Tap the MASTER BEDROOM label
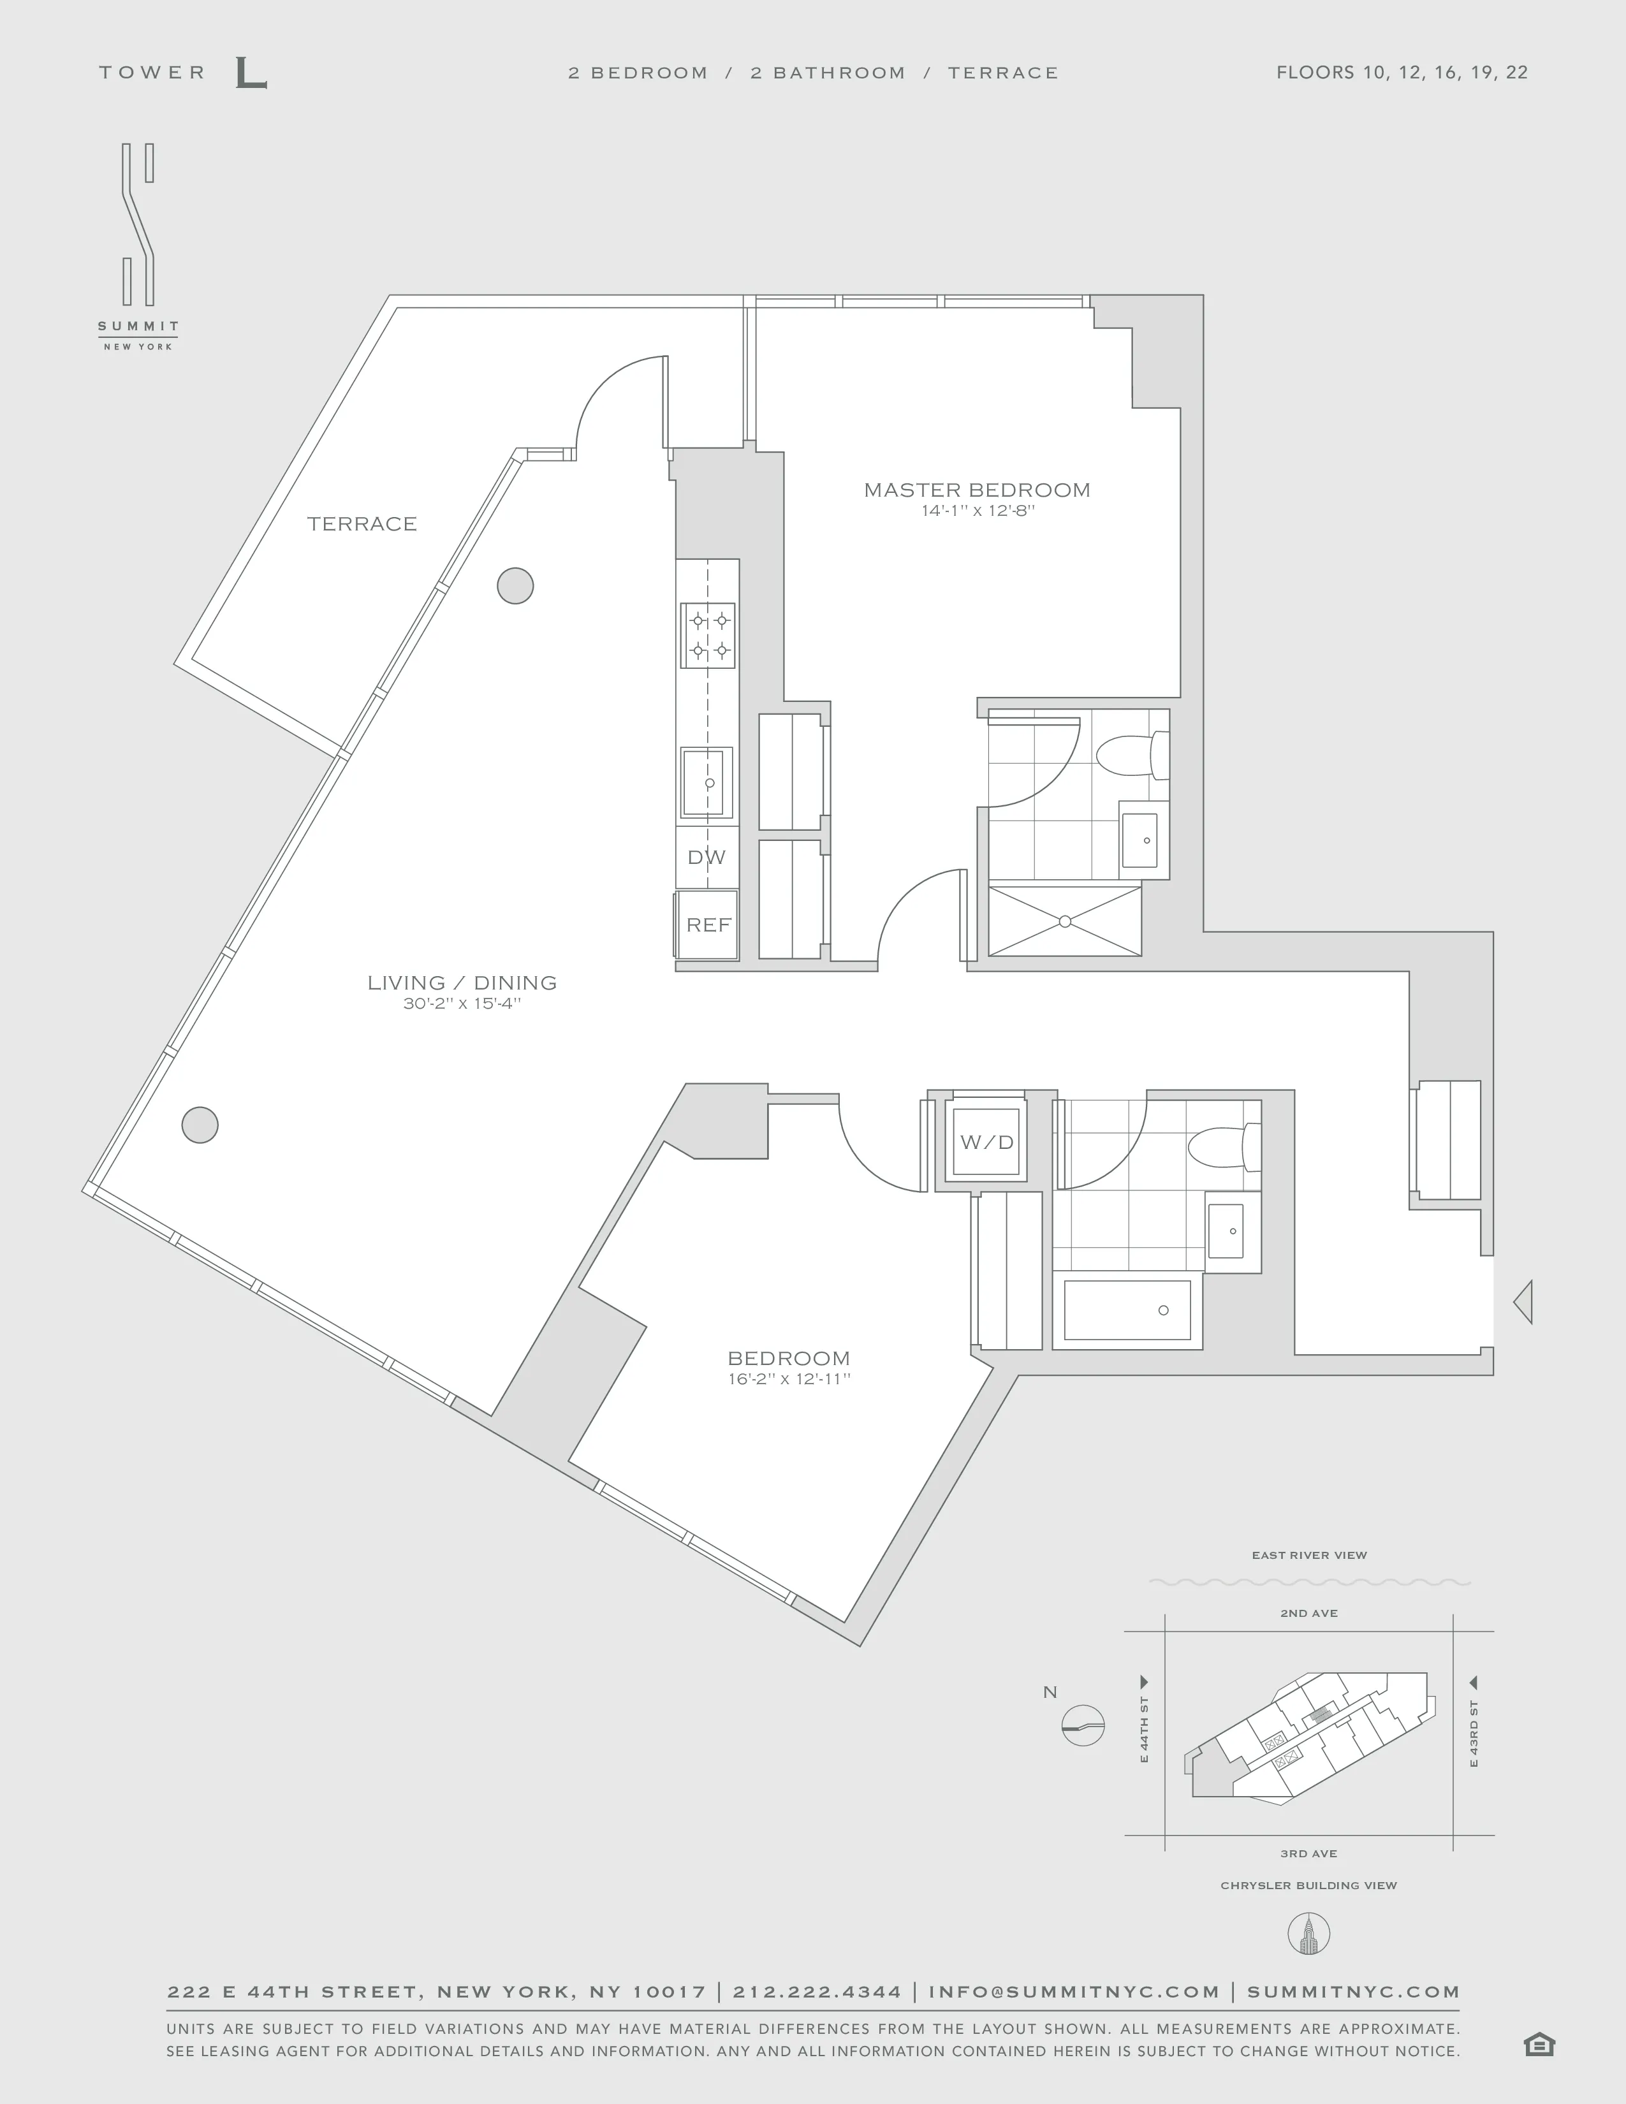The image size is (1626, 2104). [x=977, y=490]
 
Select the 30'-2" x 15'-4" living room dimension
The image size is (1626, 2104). [x=462, y=1004]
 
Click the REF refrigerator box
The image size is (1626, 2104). [x=708, y=925]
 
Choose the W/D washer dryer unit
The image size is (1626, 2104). [x=986, y=1142]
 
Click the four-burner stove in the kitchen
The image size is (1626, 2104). [x=708, y=636]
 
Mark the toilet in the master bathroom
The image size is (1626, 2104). [x=1131, y=756]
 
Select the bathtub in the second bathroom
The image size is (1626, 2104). [x=1127, y=1310]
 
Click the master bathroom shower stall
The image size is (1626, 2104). [x=1064, y=922]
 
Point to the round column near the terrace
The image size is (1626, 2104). [x=515, y=586]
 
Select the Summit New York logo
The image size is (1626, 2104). [x=138, y=245]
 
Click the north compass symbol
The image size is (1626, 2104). [x=1083, y=1727]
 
